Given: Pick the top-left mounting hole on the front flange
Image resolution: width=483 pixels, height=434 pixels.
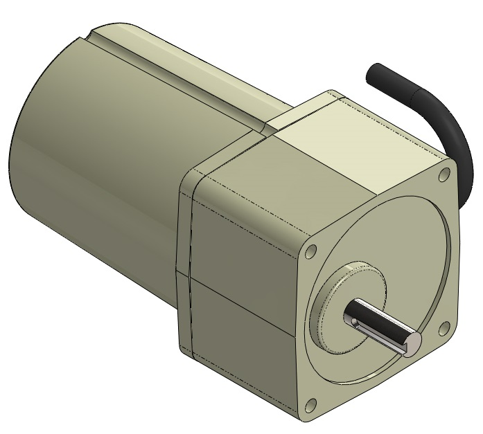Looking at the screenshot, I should coord(311,249).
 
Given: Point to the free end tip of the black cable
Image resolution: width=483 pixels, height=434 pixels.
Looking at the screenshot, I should coord(376,72).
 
